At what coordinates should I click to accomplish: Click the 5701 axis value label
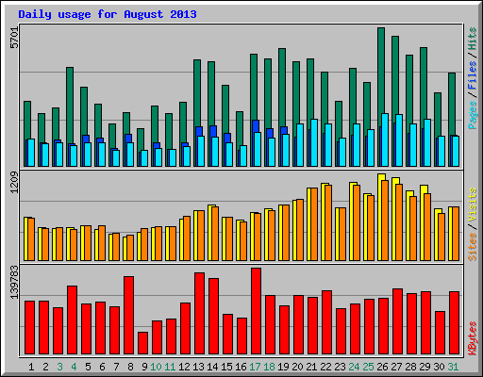pyautogui.click(x=12, y=38)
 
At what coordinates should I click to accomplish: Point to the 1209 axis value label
pyautogui.click(x=12, y=184)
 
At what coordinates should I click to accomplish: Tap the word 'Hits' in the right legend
pyautogui.click(x=471, y=41)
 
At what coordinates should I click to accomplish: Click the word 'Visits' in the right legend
pyautogui.click(x=471, y=204)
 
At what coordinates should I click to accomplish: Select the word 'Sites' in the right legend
pyautogui.click(x=471, y=241)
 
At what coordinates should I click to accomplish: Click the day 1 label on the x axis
pyautogui.click(x=31, y=366)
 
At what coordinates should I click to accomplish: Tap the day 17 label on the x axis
pyautogui.click(x=256, y=366)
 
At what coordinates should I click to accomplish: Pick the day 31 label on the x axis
pyautogui.click(x=454, y=366)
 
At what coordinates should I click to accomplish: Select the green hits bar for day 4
pyautogui.click(x=70, y=104)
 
